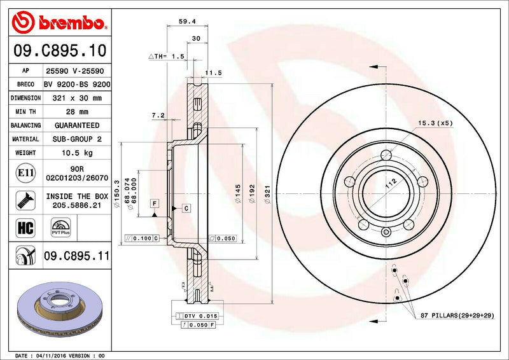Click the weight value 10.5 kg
(x=76, y=153)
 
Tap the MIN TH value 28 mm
(x=76, y=111)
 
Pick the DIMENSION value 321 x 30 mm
(x=76, y=98)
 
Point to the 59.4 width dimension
(x=187, y=21)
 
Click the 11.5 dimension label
(x=214, y=73)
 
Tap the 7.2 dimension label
(x=158, y=115)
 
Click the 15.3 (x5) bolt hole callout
(x=435, y=123)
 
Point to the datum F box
(x=154, y=202)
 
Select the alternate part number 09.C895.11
(x=76, y=257)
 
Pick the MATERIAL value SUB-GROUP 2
(x=76, y=139)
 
